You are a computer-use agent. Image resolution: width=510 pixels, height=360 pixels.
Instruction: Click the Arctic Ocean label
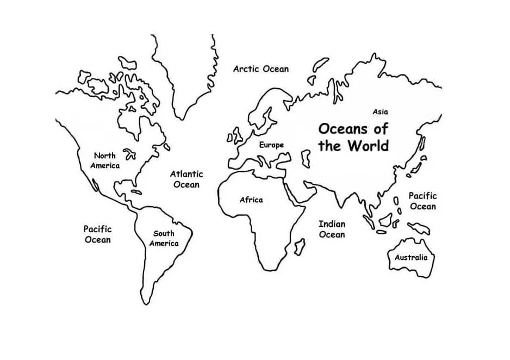coord(261,69)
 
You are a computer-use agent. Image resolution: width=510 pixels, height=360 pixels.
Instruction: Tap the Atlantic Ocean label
coord(186,179)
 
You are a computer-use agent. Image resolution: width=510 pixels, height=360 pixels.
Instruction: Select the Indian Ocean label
coord(332,229)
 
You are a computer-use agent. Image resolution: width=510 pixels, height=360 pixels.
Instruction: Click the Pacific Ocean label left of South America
coord(98,234)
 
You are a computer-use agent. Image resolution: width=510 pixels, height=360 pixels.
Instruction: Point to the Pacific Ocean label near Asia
coord(423,201)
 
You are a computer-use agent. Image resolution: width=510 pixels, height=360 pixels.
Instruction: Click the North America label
coord(105,160)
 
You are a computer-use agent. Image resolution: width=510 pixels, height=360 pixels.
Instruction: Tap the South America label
coord(164,239)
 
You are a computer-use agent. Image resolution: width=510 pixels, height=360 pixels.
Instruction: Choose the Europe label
coord(271,145)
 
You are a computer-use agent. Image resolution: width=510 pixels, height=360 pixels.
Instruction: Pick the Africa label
coord(251,200)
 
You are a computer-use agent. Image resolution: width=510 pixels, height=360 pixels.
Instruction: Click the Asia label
coord(380,111)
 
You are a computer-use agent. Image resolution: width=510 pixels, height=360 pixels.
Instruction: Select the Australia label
coord(411,257)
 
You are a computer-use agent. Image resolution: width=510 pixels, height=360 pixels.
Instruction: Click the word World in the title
coord(369,146)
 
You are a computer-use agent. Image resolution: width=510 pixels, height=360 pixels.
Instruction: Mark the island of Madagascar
coord(299,247)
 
